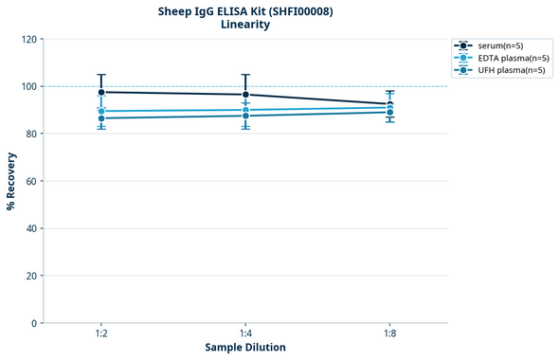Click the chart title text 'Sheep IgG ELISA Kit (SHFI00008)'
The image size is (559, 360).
(x=245, y=11)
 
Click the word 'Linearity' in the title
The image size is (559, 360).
(x=245, y=25)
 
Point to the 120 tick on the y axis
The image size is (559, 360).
(x=28, y=40)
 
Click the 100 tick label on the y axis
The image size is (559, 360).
(x=28, y=87)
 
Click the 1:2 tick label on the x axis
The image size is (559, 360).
(x=101, y=334)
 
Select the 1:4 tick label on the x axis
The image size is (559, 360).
(x=245, y=334)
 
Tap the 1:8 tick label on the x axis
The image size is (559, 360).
(x=390, y=334)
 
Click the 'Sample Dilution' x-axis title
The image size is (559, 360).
(x=245, y=348)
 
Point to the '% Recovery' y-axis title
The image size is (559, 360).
(x=11, y=181)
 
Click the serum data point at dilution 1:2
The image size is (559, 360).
(x=101, y=92)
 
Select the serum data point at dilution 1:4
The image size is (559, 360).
(x=245, y=95)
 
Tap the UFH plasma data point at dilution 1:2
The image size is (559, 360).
(x=101, y=118)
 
